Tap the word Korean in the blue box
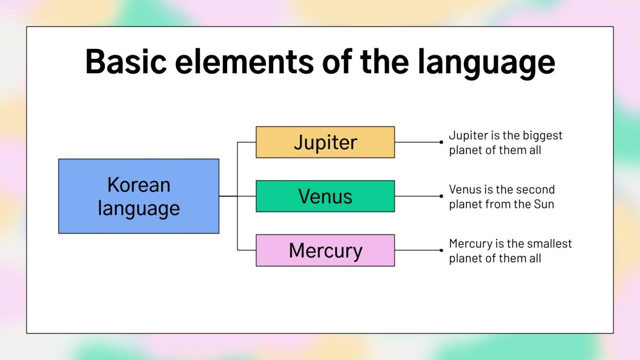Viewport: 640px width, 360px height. point(139,185)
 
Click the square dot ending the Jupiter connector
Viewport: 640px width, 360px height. point(441,142)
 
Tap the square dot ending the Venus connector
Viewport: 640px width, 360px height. point(441,196)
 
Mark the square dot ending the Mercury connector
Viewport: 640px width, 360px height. point(441,250)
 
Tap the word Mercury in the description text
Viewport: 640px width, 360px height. point(470,244)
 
